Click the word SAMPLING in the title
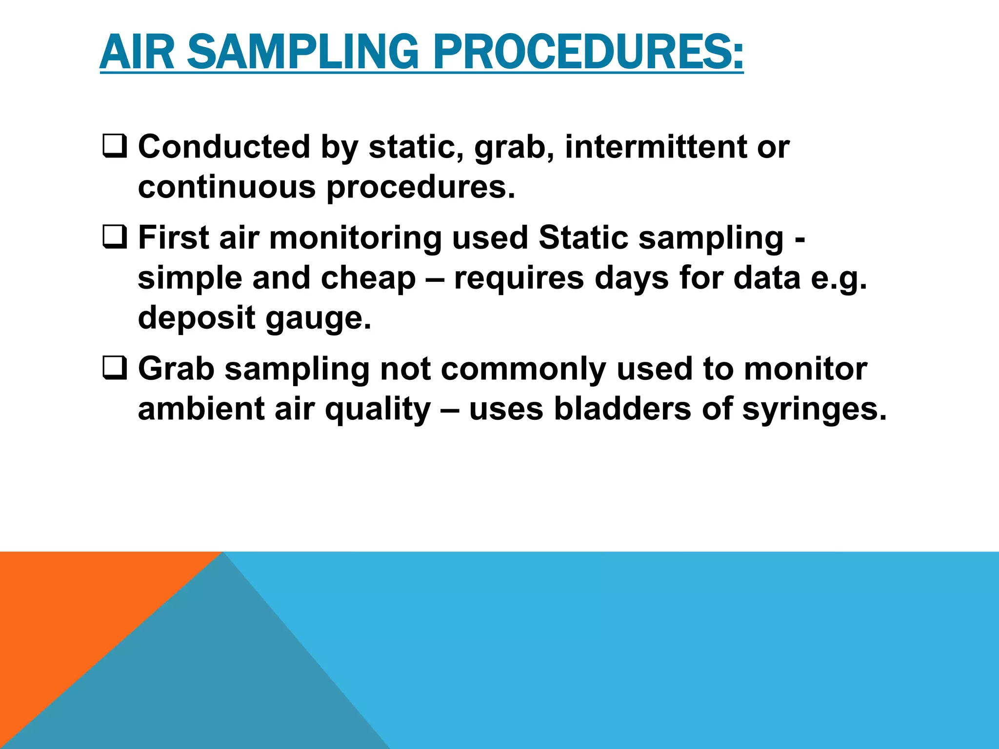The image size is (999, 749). [302, 52]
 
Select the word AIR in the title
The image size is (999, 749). [137, 52]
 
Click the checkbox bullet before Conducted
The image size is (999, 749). [115, 147]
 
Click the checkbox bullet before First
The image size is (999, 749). [115, 238]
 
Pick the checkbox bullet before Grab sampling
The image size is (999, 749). [115, 369]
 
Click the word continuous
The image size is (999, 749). [227, 187]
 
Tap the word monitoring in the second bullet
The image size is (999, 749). [356, 239]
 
